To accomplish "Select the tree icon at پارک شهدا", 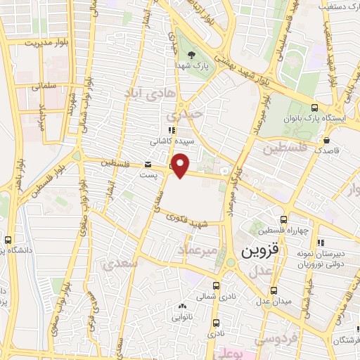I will pos(191,54).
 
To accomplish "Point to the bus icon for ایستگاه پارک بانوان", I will pos(314,108).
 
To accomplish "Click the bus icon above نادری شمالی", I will pos(216,285).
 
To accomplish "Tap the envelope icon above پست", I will pos(148,165).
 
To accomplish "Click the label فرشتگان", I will pos(343,340).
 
